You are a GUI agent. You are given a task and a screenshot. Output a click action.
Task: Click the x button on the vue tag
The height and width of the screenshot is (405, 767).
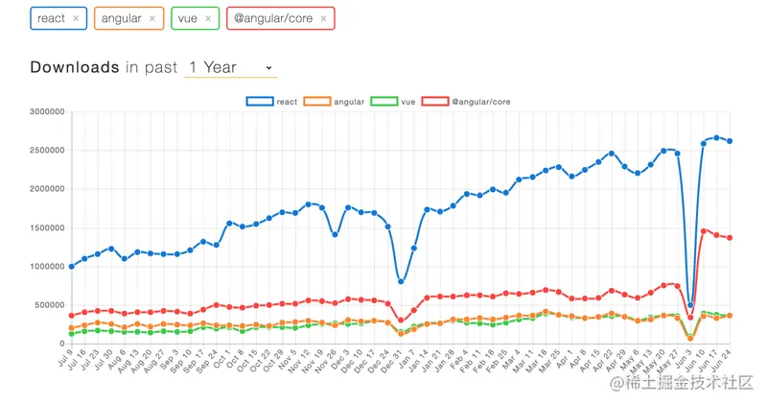click(x=209, y=18)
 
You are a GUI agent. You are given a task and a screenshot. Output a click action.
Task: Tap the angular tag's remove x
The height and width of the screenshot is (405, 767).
click(x=152, y=18)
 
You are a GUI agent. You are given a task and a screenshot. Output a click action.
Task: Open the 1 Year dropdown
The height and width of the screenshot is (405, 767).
click(x=231, y=67)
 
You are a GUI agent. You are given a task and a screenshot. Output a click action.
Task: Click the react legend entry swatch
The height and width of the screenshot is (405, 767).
click(x=259, y=100)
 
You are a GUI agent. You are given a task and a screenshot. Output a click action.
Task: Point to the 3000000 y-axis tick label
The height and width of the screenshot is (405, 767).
click(x=46, y=112)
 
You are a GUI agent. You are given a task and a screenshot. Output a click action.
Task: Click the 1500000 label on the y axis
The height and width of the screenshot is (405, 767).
click(x=46, y=227)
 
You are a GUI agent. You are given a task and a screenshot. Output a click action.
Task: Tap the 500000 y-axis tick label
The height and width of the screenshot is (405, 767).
click(x=49, y=305)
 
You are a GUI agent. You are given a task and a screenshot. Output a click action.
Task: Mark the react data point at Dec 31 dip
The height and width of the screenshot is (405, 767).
click(x=401, y=281)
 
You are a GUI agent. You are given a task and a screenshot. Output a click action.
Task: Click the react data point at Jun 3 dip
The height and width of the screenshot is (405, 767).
click(x=690, y=305)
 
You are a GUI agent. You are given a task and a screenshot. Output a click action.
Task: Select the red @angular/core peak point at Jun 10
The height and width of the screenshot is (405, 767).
click(x=704, y=230)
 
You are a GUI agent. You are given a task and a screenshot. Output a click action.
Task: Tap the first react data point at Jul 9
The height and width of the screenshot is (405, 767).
click(x=71, y=266)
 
